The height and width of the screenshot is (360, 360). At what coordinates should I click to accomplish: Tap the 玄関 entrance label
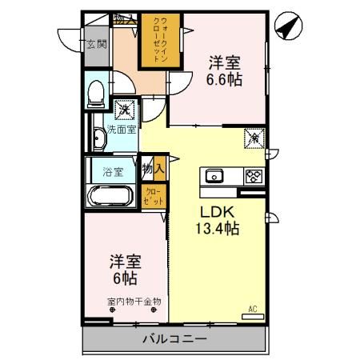click(97, 45)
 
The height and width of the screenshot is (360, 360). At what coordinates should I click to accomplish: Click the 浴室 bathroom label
click(113, 171)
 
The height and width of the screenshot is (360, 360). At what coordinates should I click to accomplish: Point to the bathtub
click(112, 195)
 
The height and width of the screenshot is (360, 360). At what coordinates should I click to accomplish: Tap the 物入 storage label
click(153, 170)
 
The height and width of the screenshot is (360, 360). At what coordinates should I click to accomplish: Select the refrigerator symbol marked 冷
click(251, 137)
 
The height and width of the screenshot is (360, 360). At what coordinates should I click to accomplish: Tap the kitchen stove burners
click(252, 177)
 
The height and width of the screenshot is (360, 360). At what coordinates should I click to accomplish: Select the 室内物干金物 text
click(134, 302)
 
